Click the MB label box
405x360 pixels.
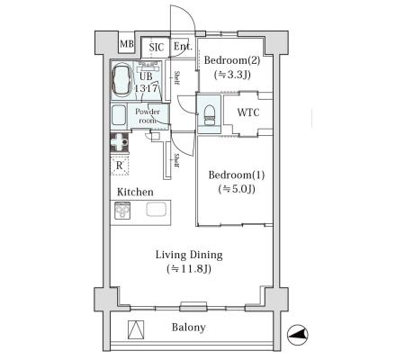tap(127, 44)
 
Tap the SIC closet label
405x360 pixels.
tap(157, 47)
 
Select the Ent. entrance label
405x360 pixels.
tap(183, 46)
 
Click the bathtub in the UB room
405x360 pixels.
tap(121, 79)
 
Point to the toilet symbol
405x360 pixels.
tap(210, 115)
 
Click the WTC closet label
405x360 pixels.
tap(248, 112)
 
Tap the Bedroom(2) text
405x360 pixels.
tap(232, 60)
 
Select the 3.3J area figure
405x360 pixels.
tap(232, 75)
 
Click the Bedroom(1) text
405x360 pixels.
tap(237, 175)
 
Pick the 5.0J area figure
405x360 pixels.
tap(237, 189)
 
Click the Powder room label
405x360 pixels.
tap(148, 116)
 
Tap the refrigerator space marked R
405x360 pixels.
tap(120, 165)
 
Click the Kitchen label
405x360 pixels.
tap(135, 192)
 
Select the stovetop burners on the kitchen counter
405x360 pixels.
tap(122, 210)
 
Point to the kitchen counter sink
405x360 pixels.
tap(157, 209)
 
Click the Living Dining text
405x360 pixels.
tap(189, 255)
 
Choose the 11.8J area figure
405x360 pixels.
tap(189, 269)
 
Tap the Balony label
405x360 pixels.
tap(188, 327)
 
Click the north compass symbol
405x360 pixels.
tap(298, 335)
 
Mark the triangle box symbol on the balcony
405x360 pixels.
tap(136, 330)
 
